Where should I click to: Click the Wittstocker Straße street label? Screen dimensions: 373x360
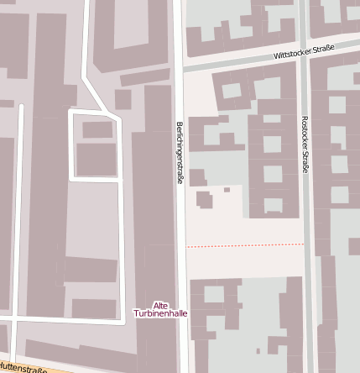(304, 52)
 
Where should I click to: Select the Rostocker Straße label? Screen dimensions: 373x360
(305, 144)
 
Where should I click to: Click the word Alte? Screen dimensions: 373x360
(161, 305)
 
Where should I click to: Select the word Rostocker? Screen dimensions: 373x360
(305, 131)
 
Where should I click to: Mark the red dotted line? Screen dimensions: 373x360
(244, 246)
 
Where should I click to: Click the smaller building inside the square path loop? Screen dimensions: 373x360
(97, 129)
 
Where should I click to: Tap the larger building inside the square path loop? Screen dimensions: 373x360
(97, 159)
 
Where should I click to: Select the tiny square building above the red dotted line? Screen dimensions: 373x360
(227, 190)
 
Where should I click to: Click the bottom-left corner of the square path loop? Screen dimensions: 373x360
(70, 178)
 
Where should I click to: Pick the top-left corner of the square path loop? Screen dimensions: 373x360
(70, 111)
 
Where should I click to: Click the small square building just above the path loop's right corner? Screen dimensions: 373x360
(123, 100)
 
